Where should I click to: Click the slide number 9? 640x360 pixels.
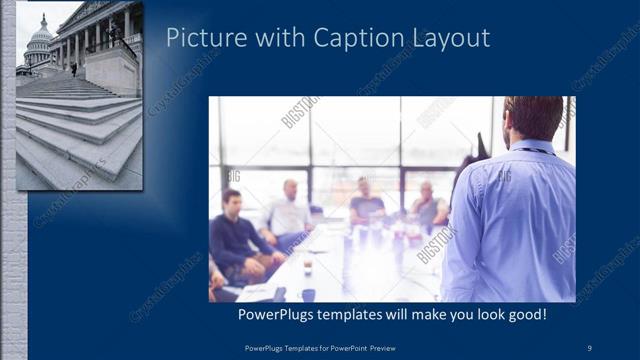click(x=590, y=347)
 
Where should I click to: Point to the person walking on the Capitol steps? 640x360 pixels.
click(x=72, y=69)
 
